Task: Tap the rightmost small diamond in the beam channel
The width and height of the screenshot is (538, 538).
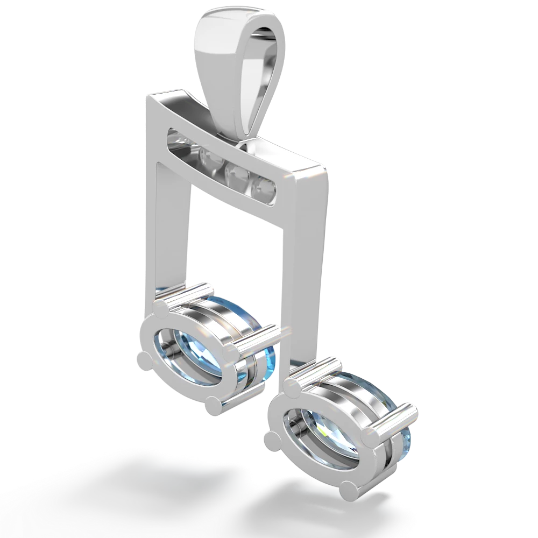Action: click(x=265, y=187)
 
